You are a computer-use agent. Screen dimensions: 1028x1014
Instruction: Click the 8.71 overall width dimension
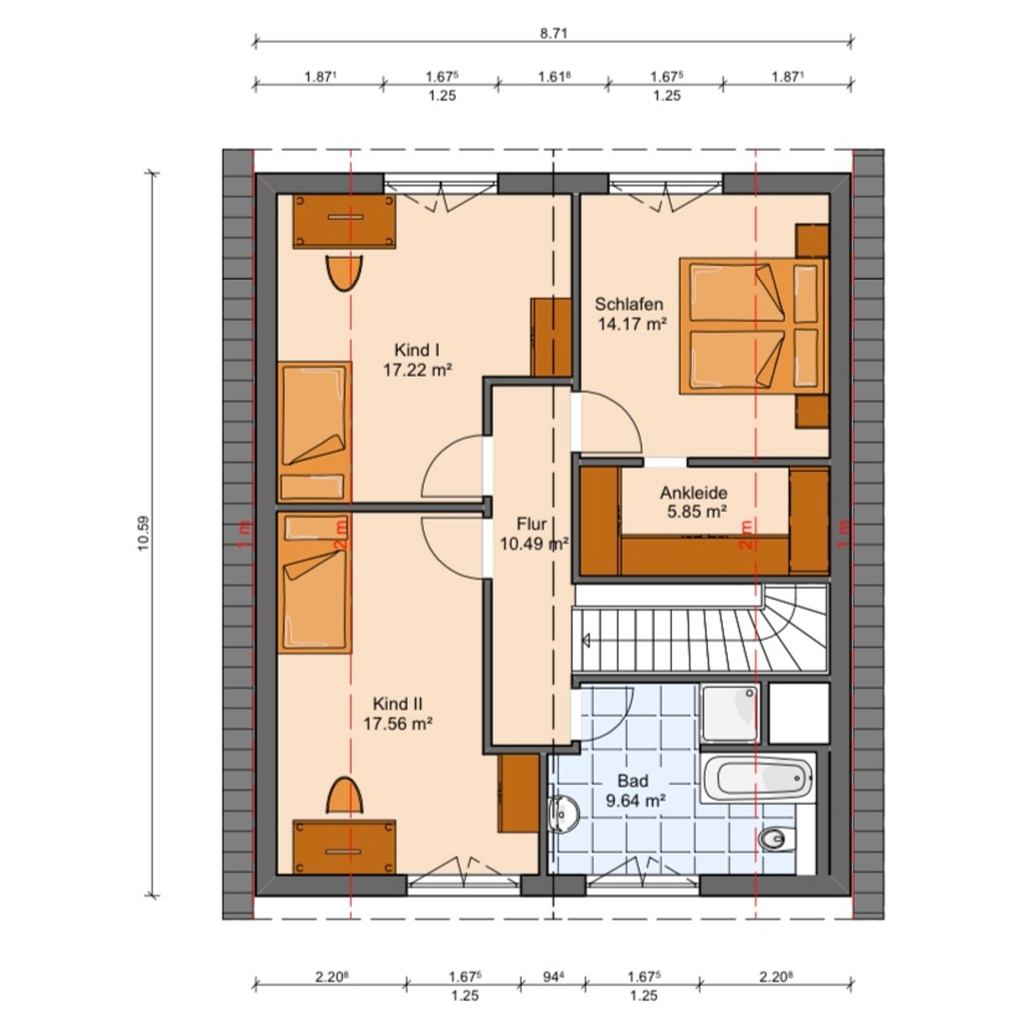pos(554,34)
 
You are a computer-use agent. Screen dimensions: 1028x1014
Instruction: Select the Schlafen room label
pos(629,304)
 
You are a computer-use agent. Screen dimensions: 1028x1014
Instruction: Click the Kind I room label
pos(417,350)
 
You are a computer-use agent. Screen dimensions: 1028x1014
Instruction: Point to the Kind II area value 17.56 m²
pos(398,724)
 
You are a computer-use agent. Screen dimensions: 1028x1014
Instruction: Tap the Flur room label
pos(532,523)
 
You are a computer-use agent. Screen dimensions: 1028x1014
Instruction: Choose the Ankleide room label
pos(693,493)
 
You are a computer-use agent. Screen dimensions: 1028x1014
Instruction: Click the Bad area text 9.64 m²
pos(636,801)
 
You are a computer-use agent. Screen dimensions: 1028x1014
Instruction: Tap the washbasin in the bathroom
pos(564,815)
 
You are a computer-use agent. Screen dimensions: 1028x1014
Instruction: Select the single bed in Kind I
pos(314,432)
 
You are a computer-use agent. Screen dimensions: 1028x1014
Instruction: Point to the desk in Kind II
pos(344,846)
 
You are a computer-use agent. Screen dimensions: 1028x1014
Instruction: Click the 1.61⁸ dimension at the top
pos(554,77)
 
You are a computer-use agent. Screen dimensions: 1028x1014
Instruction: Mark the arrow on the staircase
pos(585,639)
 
